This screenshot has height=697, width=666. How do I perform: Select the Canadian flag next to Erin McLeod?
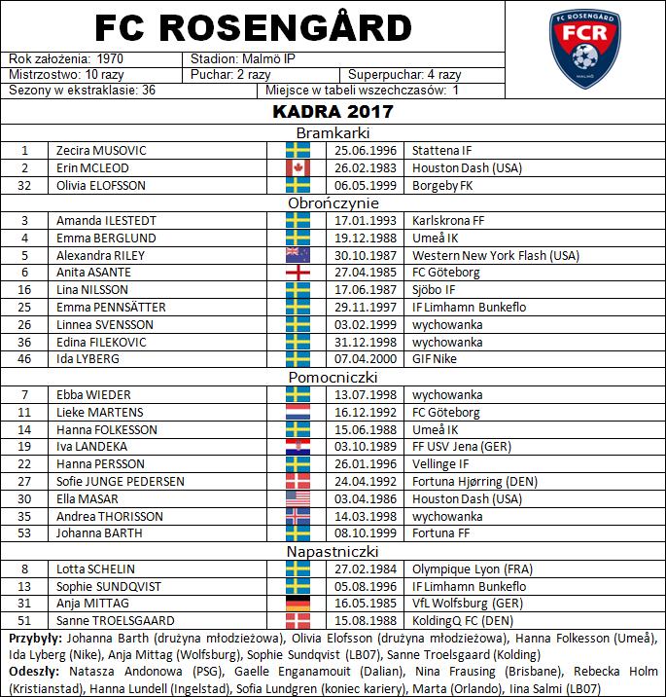tap(298, 168)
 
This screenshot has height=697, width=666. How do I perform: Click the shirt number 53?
tap(25, 533)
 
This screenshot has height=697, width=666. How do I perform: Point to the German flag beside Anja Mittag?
tap(298, 604)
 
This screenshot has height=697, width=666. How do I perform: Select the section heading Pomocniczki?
tap(333, 377)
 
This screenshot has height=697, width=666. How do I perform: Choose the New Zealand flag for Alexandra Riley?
tap(298, 255)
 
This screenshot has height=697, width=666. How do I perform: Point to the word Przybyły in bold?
tap(34, 639)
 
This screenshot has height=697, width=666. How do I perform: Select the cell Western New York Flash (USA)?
tap(495, 255)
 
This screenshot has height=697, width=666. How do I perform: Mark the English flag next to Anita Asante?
tap(298, 273)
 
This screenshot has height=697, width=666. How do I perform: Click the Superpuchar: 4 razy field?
tap(403, 75)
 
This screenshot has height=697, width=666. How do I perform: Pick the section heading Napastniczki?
tap(333, 552)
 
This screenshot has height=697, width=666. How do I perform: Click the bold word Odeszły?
tap(31, 672)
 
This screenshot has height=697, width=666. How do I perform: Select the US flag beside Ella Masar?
tap(298, 498)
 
